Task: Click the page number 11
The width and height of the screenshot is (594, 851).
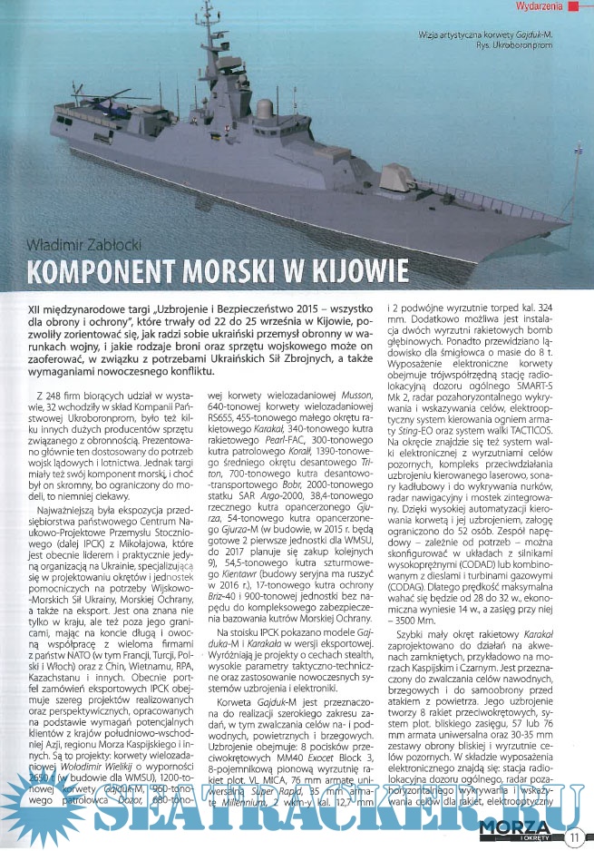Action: (x=575, y=836)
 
